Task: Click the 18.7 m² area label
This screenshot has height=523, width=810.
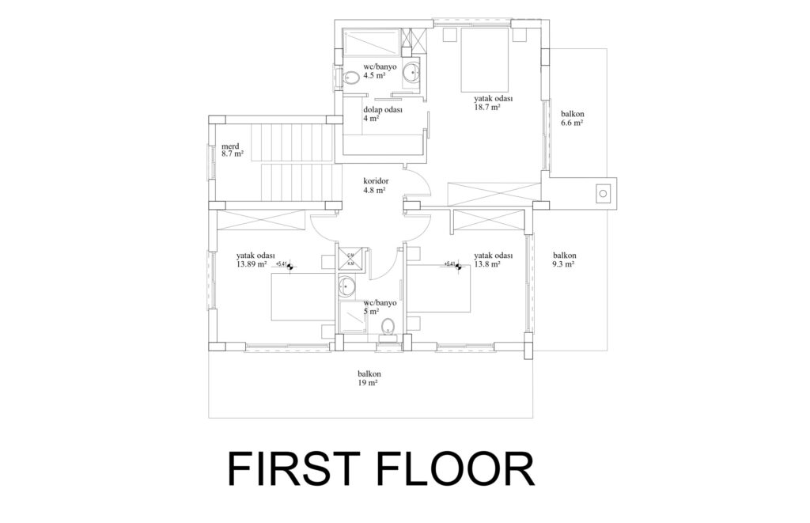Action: (486, 108)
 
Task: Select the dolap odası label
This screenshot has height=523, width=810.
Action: (383, 110)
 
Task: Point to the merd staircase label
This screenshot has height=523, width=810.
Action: (230, 146)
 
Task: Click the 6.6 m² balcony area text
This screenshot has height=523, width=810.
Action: (571, 123)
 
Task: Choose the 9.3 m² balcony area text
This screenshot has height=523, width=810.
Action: (563, 265)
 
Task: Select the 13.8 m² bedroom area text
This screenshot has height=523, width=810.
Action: (488, 265)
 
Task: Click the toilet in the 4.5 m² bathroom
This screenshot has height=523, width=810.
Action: (350, 77)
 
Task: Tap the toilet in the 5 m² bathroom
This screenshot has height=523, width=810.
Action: (387, 327)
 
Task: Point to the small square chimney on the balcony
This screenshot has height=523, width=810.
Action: (603, 192)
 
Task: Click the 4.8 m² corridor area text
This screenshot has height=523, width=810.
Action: (374, 190)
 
